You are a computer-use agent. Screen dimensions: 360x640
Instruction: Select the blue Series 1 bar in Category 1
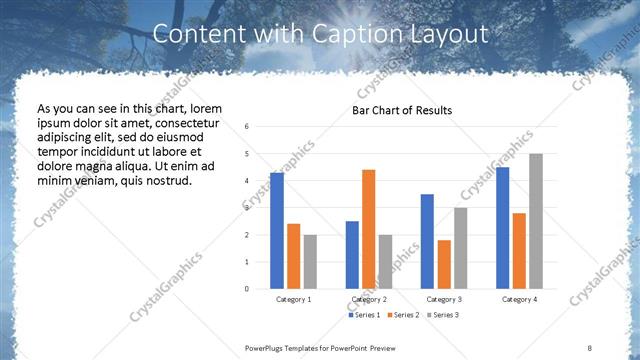(x=276, y=231)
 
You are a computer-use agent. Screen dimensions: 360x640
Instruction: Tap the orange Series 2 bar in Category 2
(x=368, y=229)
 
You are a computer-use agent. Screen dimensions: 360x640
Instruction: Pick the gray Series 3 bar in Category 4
(x=536, y=221)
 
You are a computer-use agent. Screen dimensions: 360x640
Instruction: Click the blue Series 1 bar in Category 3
(x=427, y=241)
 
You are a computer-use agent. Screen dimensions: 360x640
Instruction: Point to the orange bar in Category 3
(x=444, y=264)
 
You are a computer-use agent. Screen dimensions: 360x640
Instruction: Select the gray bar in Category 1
(x=310, y=261)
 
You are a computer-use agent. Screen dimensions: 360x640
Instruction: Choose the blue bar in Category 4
(x=502, y=227)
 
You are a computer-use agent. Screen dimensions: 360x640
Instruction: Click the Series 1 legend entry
(x=364, y=315)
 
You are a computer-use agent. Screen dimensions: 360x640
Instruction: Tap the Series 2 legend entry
(x=402, y=315)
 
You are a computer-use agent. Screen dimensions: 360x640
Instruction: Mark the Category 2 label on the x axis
(x=368, y=299)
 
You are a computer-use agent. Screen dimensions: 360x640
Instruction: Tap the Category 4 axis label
(x=519, y=299)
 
